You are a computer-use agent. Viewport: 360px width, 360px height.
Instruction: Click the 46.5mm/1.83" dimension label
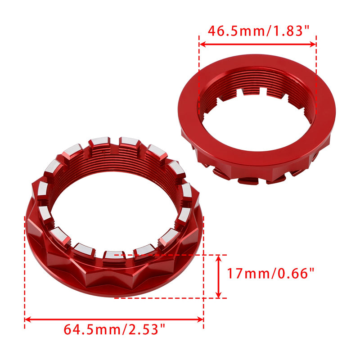258,31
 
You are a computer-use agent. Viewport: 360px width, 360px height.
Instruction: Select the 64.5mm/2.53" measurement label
114,330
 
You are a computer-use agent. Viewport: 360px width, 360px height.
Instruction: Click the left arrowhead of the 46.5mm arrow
202,44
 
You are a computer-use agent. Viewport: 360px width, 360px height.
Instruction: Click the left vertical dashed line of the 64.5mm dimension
24,270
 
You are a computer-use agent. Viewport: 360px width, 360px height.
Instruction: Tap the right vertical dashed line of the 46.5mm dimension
316,90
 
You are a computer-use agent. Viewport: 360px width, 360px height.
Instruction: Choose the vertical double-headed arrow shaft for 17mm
219,276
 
